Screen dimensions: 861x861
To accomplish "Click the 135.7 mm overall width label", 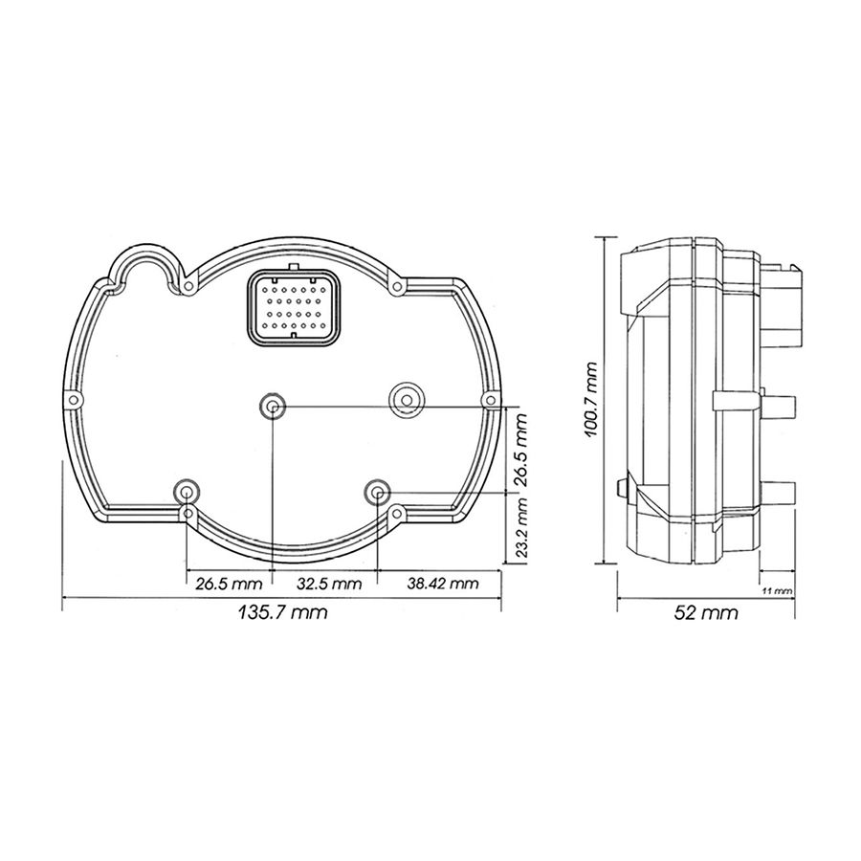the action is click(283, 611).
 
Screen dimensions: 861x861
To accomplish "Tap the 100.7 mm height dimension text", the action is click(591, 399).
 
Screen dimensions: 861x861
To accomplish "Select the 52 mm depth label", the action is click(706, 612).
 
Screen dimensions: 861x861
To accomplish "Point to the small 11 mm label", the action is click(778, 591).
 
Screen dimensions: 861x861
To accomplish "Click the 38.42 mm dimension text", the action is click(443, 583).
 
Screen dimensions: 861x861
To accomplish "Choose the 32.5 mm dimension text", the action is click(329, 584).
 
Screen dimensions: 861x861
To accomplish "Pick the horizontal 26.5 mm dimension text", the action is click(229, 584).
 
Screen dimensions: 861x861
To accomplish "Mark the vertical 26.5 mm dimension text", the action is click(520, 450).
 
